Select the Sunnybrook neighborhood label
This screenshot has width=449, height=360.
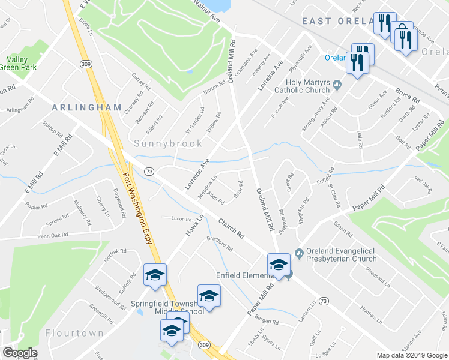point(164,143)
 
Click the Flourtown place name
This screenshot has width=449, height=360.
point(74,332)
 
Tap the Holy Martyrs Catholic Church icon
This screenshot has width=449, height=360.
point(337,86)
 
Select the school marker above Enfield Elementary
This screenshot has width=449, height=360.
point(279,264)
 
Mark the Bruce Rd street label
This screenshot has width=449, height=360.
point(407,95)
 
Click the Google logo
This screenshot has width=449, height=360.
point(20,352)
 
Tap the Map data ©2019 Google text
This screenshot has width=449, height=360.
point(412,355)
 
